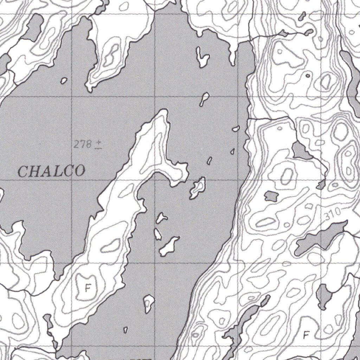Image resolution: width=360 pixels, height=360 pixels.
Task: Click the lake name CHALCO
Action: click(51, 171)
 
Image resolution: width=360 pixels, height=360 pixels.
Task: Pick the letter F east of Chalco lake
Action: click(306, 335)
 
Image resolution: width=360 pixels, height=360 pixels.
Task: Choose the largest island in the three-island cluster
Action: click(169, 246)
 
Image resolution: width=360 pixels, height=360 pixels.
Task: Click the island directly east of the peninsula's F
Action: click(149, 303)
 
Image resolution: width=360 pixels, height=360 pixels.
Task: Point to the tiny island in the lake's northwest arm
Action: click(63, 81)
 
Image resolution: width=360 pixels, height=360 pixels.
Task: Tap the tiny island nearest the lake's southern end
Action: click(126, 330)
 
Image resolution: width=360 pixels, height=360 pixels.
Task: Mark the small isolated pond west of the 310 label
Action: click(270, 196)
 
